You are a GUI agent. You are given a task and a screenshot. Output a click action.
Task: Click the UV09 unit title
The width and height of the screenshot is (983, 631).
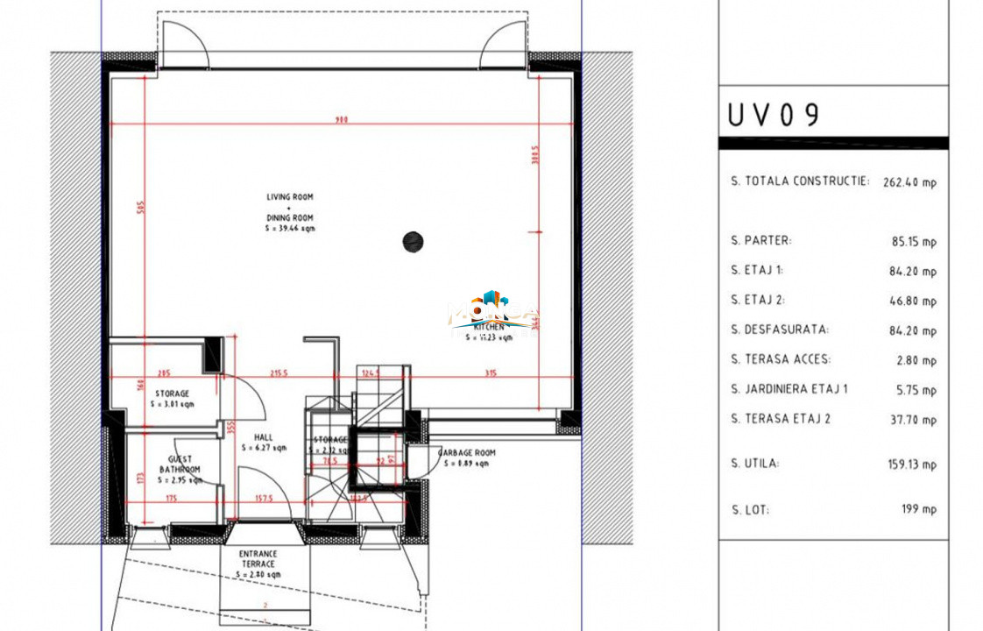pyautogui.click(x=774, y=115)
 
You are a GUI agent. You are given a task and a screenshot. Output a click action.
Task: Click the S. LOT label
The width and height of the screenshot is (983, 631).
pyautogui.click(x=751, y=509)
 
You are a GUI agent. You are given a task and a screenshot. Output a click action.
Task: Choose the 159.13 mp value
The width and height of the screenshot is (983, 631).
pyautogui.click(x=912, y=464)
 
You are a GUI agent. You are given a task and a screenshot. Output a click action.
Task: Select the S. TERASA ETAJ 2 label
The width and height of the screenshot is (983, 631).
pyautogui.click(x=781, y=419)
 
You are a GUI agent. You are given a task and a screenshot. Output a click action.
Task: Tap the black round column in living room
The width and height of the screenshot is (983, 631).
pyautogui.click(x=413, y=241)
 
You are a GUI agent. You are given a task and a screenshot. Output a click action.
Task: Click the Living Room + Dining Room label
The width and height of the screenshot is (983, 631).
pyautogui.click(x=290, y=212)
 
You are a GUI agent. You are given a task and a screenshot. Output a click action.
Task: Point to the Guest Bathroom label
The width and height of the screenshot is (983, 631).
pyautogui.click(x=179, y=470)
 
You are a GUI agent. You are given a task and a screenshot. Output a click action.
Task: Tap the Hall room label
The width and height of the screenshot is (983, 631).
pyautogui.click(x=263, y=443)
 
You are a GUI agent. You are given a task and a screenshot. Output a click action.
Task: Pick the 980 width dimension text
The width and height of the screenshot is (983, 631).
pyautogui.click(x=342, y=120)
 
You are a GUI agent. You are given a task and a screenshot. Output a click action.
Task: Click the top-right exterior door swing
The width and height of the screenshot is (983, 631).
pyautogui.click(x=503, y=44)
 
